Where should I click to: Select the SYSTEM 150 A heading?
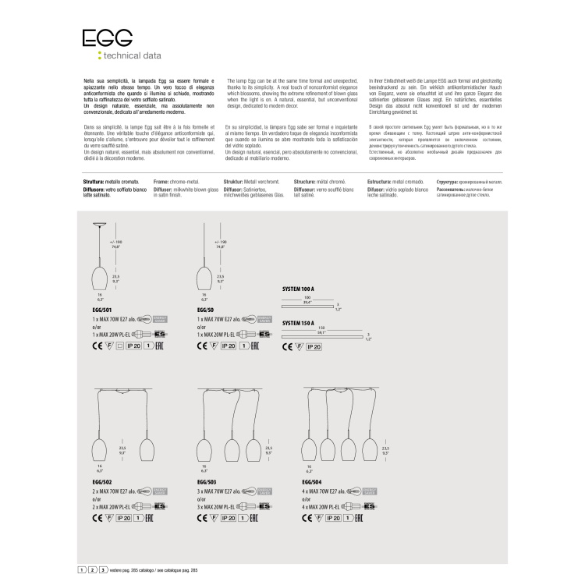click(x=297, y=322)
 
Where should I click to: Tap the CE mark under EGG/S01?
click(x=85, y=344)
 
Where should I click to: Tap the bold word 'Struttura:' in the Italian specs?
click(x=97, y=180)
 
